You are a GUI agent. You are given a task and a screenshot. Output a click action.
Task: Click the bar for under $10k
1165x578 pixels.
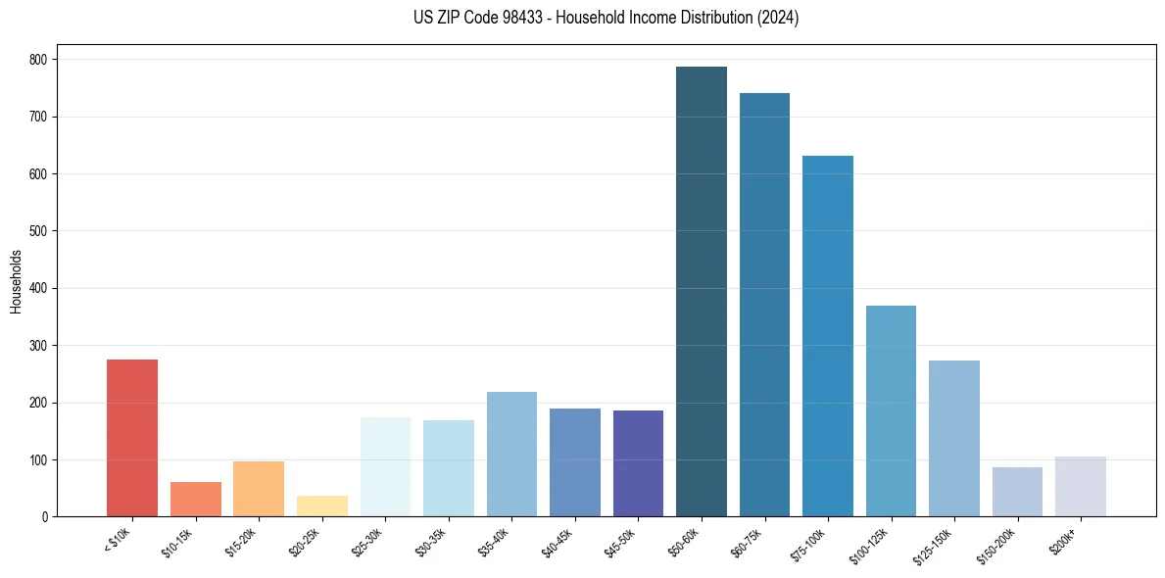click(x=132, y=438)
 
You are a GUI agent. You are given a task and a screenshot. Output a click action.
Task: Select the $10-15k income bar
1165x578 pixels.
click(x=195, y=500)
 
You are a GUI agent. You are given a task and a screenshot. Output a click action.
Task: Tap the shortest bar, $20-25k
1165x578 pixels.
click(x=322, y=506)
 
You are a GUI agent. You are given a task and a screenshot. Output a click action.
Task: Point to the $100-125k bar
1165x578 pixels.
click(x=891, y=411)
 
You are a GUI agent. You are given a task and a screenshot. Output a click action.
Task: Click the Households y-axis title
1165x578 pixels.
click(x=17, y=281)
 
